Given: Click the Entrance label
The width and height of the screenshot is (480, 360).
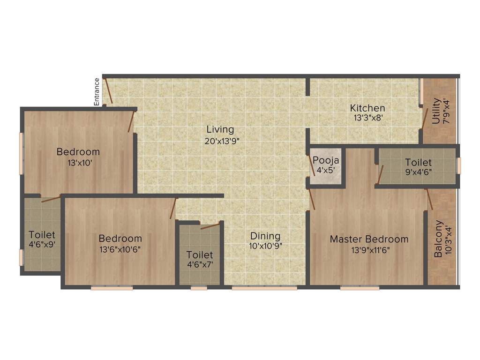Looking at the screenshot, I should click(x=97, y=91).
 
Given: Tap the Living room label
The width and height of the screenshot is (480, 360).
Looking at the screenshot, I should click(x=220, y=130).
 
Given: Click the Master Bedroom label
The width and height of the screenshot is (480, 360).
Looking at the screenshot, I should click(x=369, y=239).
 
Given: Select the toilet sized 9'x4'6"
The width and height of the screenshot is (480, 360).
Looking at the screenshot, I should click(x=418, y=167).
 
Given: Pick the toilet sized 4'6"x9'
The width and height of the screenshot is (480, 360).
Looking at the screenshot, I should click(x=42, y=239).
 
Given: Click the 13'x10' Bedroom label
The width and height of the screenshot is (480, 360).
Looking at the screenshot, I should click(x=78, y=152).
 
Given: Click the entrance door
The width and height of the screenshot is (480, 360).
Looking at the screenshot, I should click(x=108, y=91).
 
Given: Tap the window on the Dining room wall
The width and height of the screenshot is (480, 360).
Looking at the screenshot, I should click(x=264, y=288).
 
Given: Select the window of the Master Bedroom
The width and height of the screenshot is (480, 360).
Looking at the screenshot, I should click(x=360, y=288).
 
